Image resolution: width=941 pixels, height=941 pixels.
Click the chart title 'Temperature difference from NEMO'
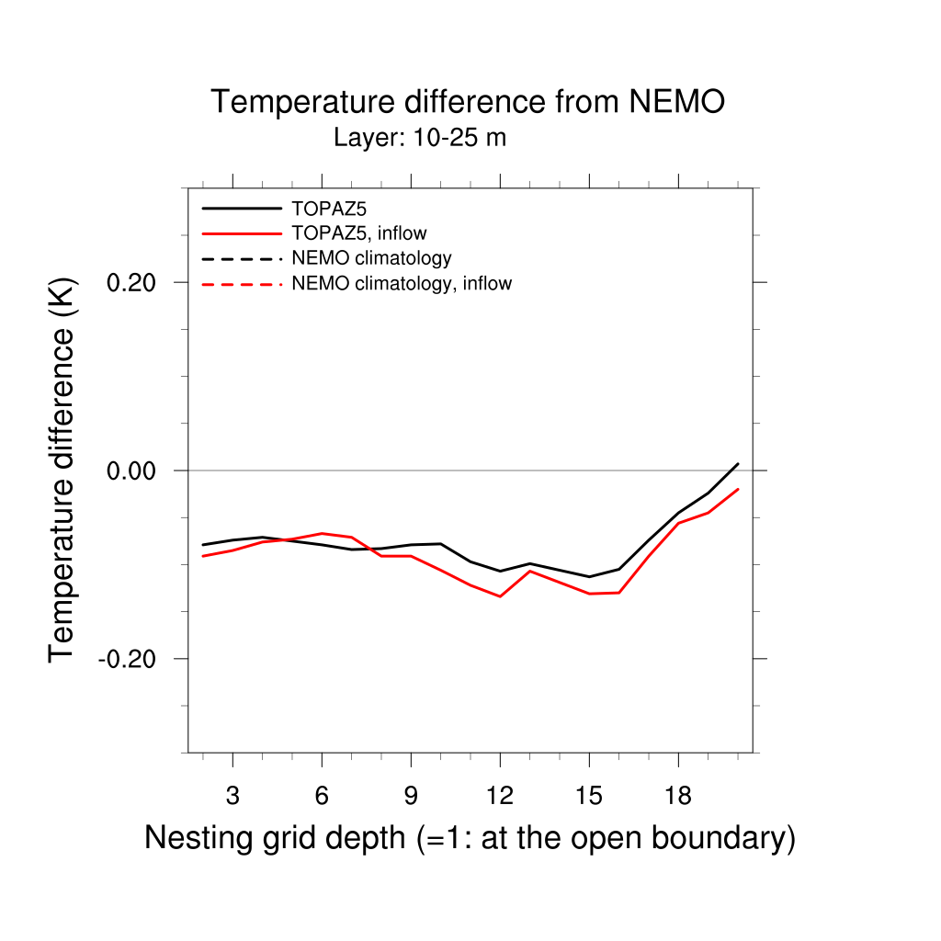point(468,102)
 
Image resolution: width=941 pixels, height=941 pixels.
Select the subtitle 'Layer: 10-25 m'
point(420,139)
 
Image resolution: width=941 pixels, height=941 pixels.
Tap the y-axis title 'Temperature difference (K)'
point(62,470)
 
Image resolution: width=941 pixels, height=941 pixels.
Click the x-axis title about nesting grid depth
point(470,838)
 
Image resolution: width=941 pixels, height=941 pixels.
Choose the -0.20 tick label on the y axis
point(131,659)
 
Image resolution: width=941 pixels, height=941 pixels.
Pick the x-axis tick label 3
point(232,796)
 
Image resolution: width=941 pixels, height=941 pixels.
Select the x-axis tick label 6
point(322,796)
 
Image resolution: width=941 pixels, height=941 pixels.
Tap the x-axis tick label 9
point(411,796)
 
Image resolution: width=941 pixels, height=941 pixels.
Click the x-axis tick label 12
point(500,796)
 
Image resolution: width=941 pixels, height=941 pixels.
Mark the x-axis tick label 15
point(589,796)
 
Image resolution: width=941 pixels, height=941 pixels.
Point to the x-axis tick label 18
point(678,796)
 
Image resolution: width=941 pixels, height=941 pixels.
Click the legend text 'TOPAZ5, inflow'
point(358,233)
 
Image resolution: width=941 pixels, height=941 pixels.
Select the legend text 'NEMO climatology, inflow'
point(401,284)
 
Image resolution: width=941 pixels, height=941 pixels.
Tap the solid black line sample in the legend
point(241,209)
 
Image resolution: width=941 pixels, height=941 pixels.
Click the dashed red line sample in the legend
point(241,284)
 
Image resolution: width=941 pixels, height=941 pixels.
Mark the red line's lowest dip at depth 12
point(500,596)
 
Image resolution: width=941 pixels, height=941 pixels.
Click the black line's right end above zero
point(738,464)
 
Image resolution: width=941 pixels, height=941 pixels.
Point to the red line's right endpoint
point(738,490)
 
